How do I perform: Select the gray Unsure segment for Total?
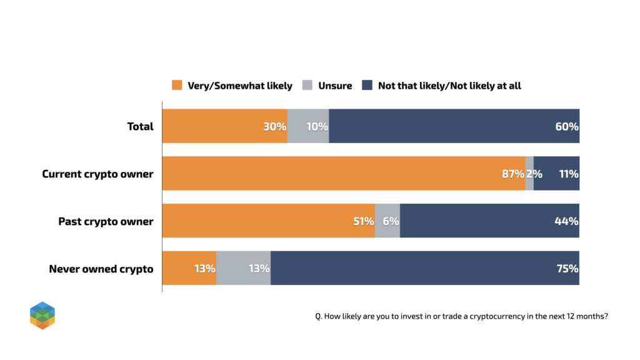(308, 126)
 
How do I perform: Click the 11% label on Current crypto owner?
(569, 174)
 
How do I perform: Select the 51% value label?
(362, 221)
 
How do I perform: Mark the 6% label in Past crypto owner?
(391, 221)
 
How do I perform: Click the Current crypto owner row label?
(97, 174)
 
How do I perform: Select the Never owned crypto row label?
(101, 269)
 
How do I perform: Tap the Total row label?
(140, 126)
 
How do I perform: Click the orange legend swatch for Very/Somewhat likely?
(177, 85)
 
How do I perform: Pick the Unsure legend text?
(335, 85)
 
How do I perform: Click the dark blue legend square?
(367, 85)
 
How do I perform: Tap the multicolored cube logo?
(42, 315)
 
